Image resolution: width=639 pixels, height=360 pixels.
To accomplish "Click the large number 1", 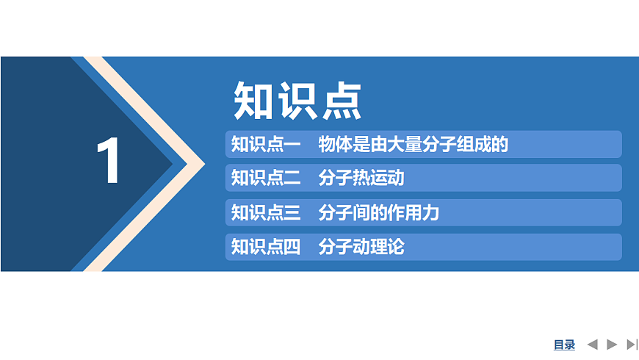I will (x=109, y=162).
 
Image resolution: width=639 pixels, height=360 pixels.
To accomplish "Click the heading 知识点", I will (x=297, y=101).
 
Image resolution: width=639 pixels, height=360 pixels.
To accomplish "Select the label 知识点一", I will (x=266, y=145).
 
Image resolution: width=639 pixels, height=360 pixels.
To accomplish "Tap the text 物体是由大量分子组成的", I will (x=413, y=145).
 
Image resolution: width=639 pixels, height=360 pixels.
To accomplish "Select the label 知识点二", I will (x=266, y=179).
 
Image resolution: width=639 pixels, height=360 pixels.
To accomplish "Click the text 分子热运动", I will (x=361, y=179).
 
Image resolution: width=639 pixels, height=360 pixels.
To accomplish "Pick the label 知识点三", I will (x=266, y=213).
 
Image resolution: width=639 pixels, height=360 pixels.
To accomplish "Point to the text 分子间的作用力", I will (x=378, y=213).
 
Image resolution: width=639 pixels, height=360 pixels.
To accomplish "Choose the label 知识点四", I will (x=266, y=247).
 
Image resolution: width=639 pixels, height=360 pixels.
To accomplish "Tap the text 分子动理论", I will (x=361, y=247).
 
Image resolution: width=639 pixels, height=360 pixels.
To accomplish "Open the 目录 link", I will (x=564, y=345).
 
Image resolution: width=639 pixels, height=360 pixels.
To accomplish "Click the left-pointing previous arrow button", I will (x=593, y=344).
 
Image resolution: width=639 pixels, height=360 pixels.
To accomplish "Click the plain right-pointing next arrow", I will (x=612, y=344).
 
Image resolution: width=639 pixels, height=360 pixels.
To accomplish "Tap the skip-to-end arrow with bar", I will (x=632, y=344).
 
